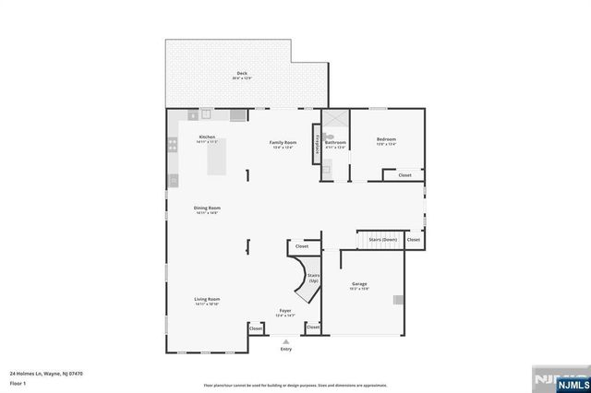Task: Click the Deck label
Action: click(242, 74)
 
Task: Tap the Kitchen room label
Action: click(207, 137)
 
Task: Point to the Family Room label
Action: click(283, 143)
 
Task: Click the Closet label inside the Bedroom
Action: click(404, 174)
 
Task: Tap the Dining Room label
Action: click(207, 208)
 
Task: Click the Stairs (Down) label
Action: click(383, 239)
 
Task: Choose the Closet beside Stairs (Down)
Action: click(413, 240)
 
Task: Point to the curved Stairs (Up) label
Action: click(313, 278)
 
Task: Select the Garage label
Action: click(360, 284)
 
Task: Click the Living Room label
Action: click(207, 300)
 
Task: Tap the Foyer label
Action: click(285, 311)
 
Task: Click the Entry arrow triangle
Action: click(285, 340)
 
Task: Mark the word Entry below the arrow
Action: click(285, 349)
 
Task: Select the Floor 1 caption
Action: click(18, 382)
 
